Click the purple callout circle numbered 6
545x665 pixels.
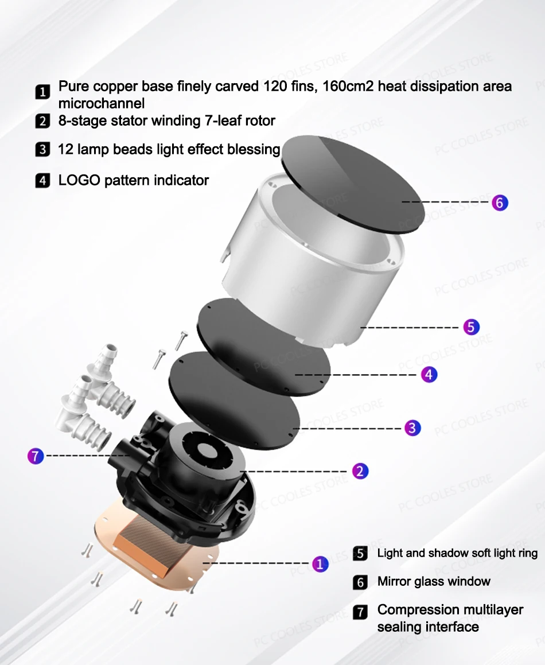coord(500,203)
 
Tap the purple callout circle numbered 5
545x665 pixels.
coord(471,327)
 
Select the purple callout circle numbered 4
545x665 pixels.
coord(429,375)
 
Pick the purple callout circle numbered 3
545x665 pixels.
coord(412,428)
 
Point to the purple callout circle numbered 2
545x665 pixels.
coord(360,471)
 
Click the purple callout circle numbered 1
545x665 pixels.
coord(320,563)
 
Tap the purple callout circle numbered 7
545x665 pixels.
coord(36,456)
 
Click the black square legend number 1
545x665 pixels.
coord(42,92)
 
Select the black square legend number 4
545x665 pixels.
coord(42,180)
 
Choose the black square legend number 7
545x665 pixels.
coord(360,612)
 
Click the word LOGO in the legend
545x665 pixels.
coord(79,180)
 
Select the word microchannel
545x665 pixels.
coord(102,103)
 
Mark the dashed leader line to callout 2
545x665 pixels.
coord(294,471)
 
